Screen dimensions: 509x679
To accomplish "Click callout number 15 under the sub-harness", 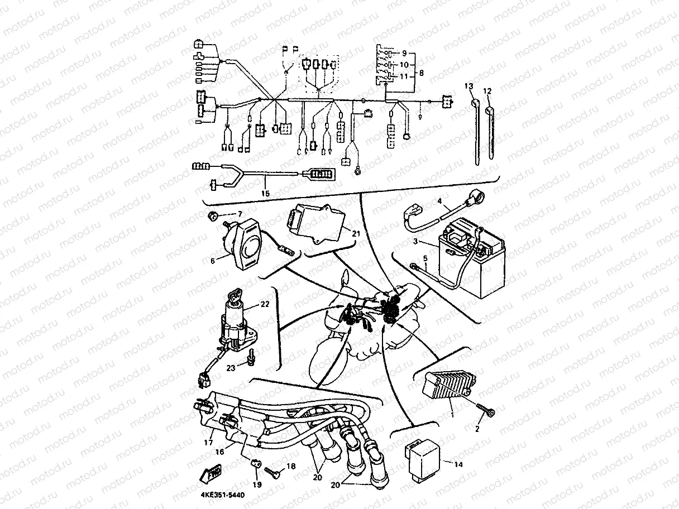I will (265, 193).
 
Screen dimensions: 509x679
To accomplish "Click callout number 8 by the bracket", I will (421, 73).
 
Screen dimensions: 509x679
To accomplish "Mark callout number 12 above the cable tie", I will (487, 90).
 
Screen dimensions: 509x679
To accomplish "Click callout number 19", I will (256, 484).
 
